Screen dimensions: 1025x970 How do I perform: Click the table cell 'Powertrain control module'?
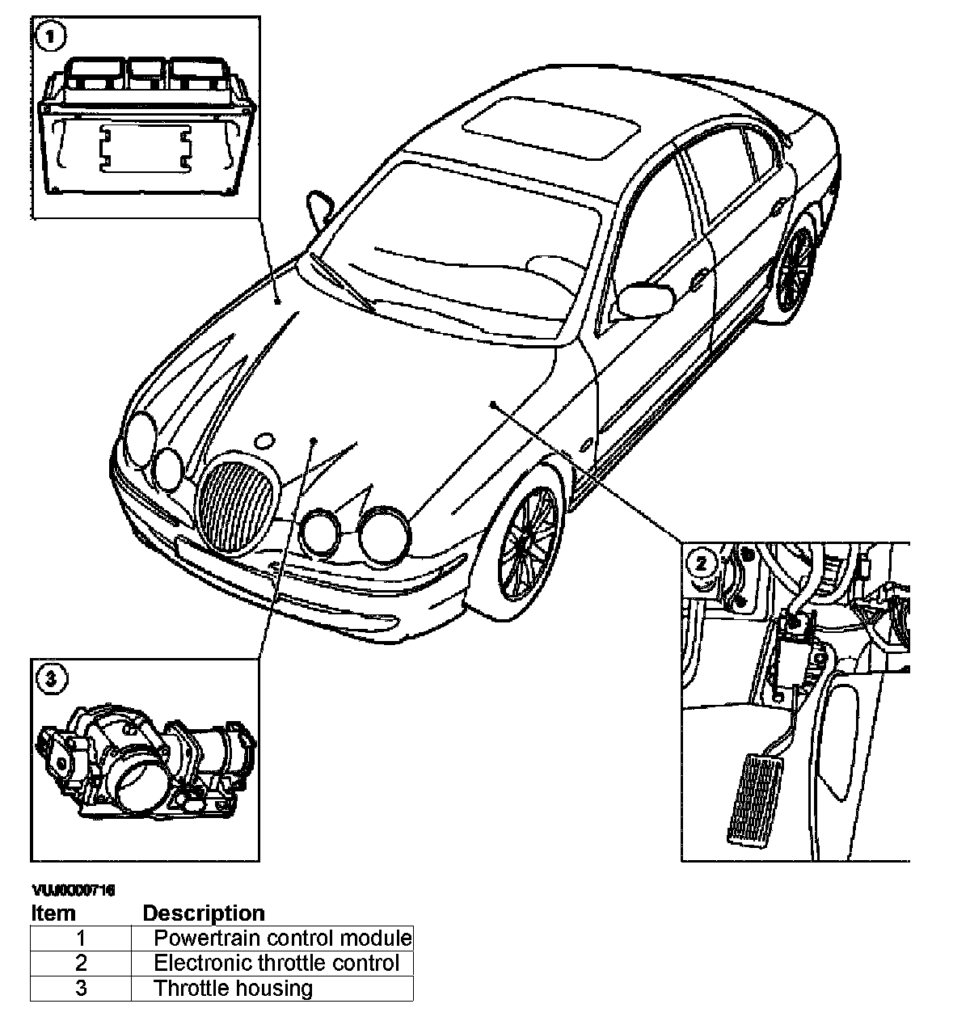click(282, 939)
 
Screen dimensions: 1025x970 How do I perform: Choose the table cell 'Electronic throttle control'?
click(276, 964)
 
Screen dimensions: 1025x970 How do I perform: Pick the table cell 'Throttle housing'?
click(233, 989)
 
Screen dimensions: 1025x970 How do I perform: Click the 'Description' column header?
click(204, 913)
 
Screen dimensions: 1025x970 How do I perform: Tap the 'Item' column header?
click(53, 913)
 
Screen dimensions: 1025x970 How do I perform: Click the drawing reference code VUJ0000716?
click(73, 891)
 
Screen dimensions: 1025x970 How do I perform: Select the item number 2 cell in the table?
click(81, 964)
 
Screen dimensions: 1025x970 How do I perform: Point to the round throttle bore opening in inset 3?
click(134, 782)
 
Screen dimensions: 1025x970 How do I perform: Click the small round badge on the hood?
click(264, 441)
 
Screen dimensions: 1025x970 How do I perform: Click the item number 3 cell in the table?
click(81, 989)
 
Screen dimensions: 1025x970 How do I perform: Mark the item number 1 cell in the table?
click(81, 939)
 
